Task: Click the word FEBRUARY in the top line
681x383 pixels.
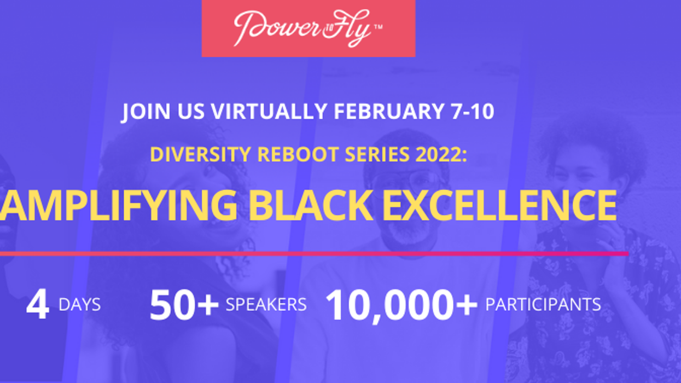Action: coord(389,112)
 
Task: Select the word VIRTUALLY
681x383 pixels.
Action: coord(270,112)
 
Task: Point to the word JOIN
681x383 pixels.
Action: coord(144,112)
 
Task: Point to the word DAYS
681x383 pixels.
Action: coord(79,305)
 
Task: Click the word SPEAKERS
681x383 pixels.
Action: coord(266,305)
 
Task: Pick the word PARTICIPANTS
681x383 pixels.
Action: coord(543,305)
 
